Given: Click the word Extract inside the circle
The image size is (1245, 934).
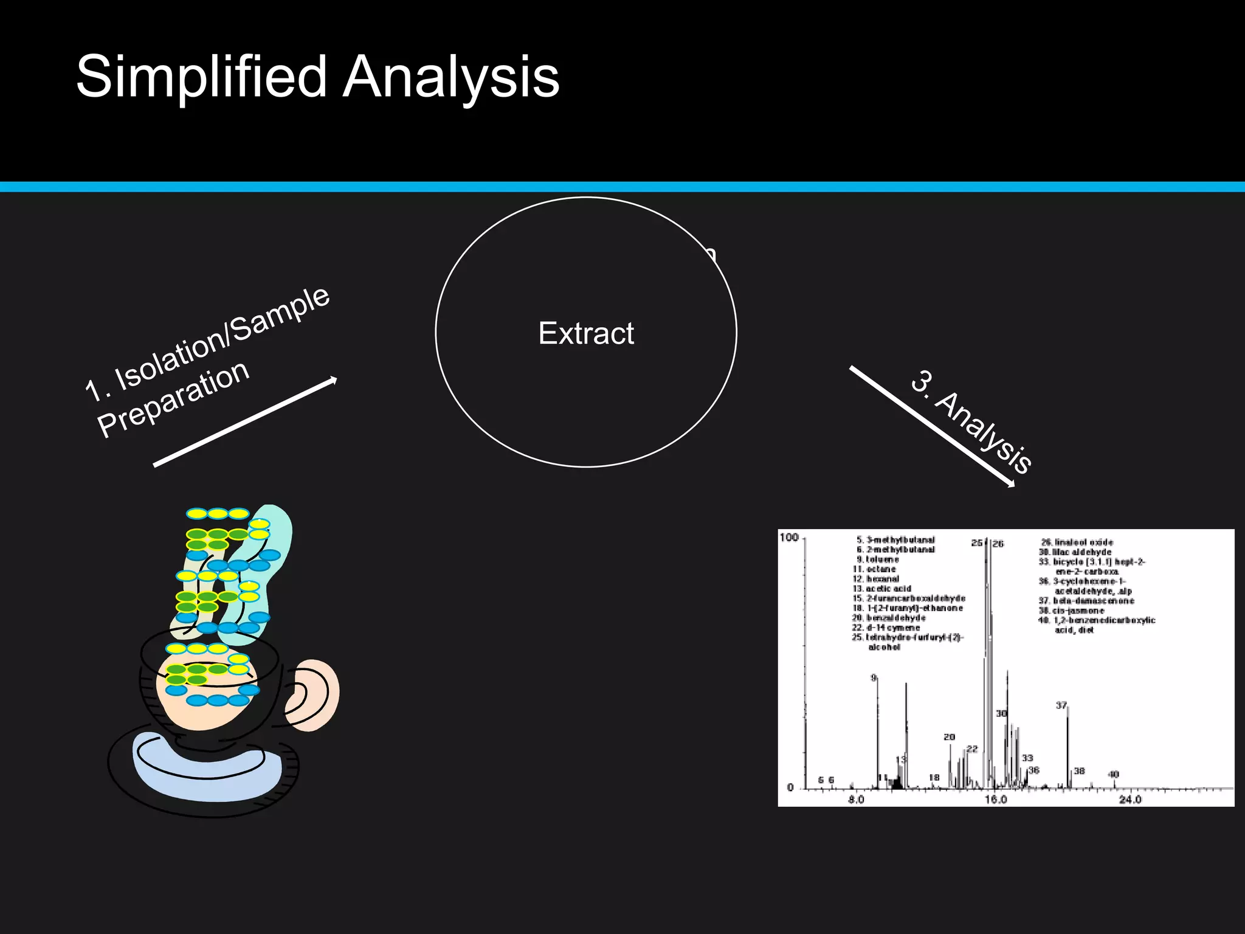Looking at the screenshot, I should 586,333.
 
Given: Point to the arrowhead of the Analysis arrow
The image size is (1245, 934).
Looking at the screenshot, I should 1011,484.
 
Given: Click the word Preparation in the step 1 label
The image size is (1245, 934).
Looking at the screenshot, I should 173,398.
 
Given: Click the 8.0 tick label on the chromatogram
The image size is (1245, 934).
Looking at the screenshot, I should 856,799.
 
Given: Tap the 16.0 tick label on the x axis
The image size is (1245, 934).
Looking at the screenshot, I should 995,799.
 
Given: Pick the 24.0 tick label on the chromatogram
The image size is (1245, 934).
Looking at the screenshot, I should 1130,799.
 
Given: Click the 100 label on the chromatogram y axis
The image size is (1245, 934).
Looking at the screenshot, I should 789,538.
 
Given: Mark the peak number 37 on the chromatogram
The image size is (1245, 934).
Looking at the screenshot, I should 1061,705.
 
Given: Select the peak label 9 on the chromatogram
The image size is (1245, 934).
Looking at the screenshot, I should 874,677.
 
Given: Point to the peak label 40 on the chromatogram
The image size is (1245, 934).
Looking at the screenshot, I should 1113,774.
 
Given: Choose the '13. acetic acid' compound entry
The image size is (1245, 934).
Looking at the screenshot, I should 882,589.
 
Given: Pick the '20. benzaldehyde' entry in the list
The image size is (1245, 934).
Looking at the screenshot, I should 889,618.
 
